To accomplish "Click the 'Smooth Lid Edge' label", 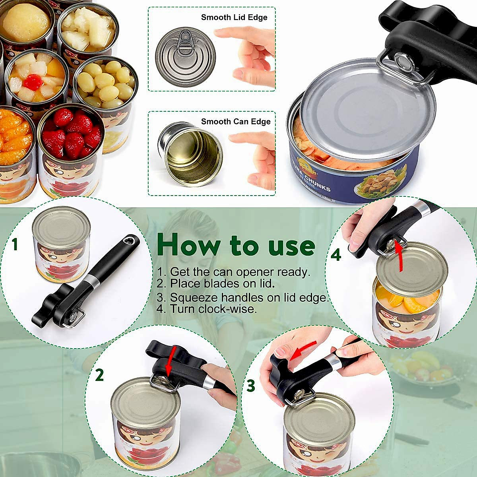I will pos(234,17).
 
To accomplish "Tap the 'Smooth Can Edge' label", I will pos(235,122).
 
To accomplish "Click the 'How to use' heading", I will pos(236,245).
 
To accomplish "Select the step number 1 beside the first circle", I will pos(15,244).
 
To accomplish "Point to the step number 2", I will pos(99,375).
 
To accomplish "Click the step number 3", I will pos(250,385).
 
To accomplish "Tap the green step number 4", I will pos(336,255).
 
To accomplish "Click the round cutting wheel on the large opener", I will pos(403,61).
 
